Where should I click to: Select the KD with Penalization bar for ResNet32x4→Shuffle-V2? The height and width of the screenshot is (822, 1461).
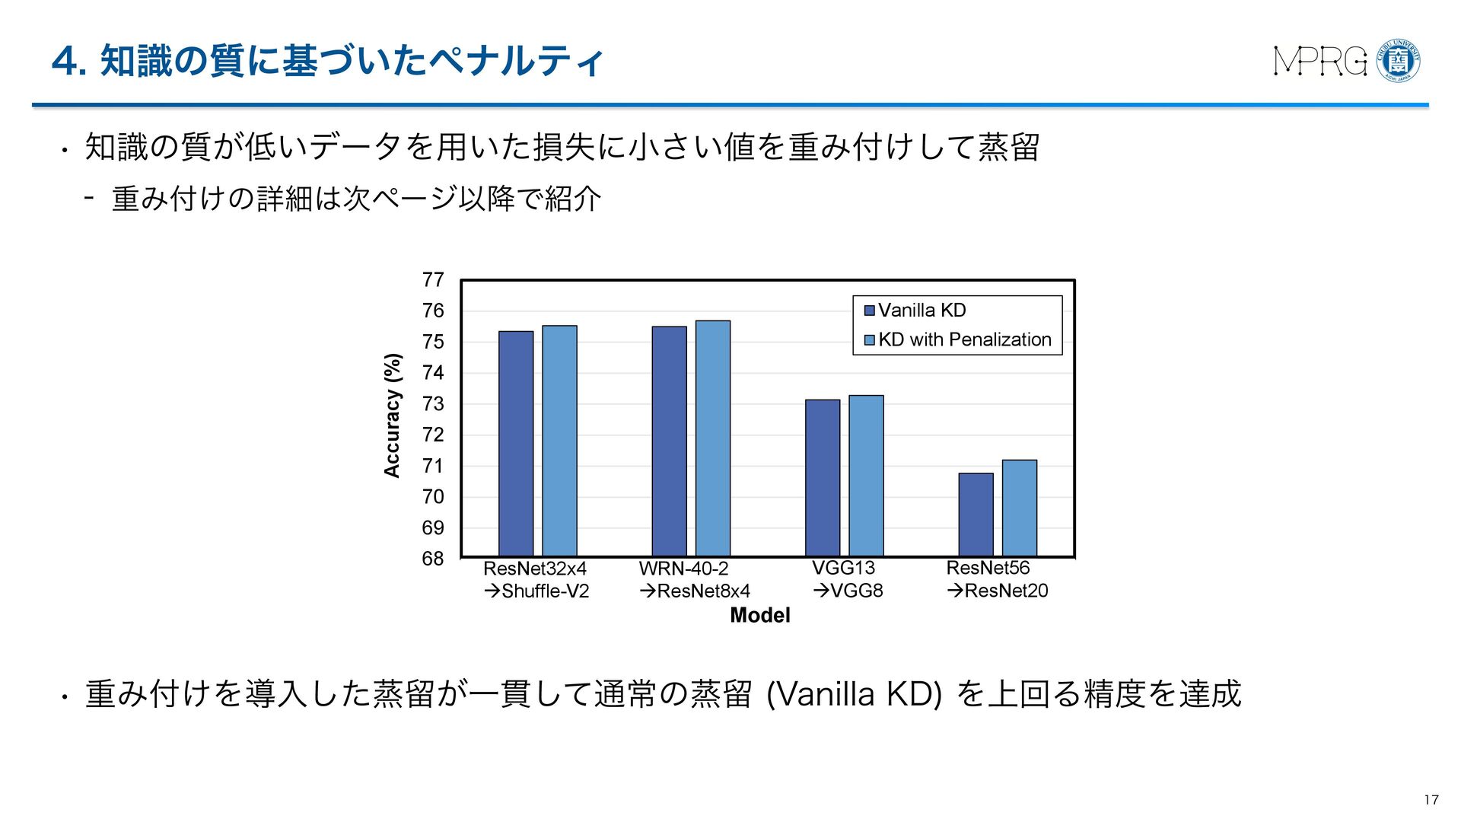[559, 441]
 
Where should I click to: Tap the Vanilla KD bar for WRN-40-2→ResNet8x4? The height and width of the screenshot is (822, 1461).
[669, 441]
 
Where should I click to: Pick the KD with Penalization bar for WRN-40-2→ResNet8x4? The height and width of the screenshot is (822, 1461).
[713, 438]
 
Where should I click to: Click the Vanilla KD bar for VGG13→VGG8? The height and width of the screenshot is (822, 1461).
[823, 478]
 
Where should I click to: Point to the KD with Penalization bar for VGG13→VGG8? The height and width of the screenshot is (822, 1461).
[866, 476]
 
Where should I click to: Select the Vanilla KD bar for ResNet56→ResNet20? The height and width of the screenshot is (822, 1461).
[976, 515]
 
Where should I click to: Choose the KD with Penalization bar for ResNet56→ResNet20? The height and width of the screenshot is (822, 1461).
[1020, 508]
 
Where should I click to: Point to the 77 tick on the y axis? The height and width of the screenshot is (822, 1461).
[433, 280]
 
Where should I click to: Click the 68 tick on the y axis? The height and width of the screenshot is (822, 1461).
[433, 559]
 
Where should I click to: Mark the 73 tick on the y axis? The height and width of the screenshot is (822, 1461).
[433, 404]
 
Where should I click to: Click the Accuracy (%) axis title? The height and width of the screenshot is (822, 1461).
[392, 416]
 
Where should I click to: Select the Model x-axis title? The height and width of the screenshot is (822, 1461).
[759, 615]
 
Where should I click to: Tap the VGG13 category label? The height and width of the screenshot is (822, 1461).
[843, 569]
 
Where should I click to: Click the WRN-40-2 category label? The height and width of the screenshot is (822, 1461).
[683, 569]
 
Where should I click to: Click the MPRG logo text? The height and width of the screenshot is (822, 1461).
[1319, 62]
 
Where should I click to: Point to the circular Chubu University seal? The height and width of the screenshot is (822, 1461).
[1399, 61]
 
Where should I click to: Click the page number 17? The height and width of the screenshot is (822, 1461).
[1431, 799]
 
